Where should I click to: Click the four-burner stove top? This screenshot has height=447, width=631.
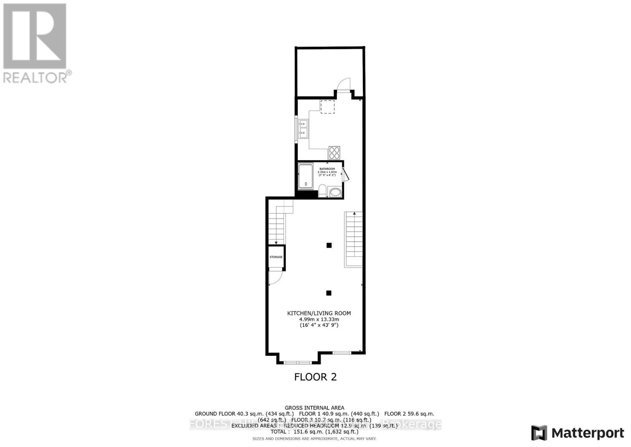pyautogui.click(x=334, y=153)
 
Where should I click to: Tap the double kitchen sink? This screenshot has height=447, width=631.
pyautogui.click(x=303, y=129)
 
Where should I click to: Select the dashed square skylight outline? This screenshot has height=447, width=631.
pyautogui.click(x=327, y=107)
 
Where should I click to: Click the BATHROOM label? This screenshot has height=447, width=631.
pyautogui.click(x=327, y=169)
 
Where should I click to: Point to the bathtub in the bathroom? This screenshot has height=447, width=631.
pyautogui.click(x=306, y=176)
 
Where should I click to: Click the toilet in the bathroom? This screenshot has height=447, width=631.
pyautogui.click(x=322, y=192)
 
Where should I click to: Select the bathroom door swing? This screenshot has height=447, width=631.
pyautogui.click(x=345, y=174)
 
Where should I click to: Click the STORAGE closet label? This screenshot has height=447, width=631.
pyautogui.click(x=276, y=257)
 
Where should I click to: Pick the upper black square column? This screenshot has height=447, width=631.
pyautogui.click(x=329, y=245)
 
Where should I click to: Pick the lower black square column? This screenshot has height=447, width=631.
pyautogui.click(x=329, y=293)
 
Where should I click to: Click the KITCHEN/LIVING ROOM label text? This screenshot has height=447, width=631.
pyautogui.click(x=319, y=313)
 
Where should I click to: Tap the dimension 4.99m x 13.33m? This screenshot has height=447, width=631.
pyautogui.click(x=319, y=319)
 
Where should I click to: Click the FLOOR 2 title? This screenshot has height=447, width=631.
pyautogui.click(x=315, y=377)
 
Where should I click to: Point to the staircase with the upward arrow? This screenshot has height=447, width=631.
pyautogui.click(x=354, y=239)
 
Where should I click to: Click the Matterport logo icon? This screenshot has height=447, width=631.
pyautogui.click(x=539, y=433)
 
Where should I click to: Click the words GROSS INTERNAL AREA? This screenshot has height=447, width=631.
pyautogui.click(x=314, y=408)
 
